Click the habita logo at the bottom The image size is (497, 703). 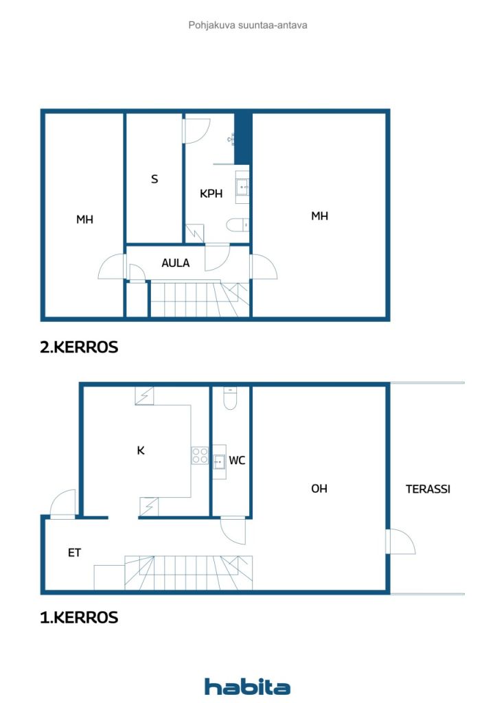(x=247, y=687)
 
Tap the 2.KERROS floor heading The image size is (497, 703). (x=79, y=347)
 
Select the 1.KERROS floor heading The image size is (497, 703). (x=79, y=617)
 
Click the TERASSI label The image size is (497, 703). (x=428, y=489)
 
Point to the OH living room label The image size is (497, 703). (x=319, y=488)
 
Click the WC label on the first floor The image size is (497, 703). (x=237, y=460)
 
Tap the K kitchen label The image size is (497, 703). (x=141, y=450)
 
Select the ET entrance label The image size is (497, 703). (x=74, y=553)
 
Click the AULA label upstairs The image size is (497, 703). (x=175, y=263)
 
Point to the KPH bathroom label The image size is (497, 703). (x=211, y=193)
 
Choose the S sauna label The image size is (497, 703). (x=154, y=179)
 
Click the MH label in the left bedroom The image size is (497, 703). (x=84, y=219)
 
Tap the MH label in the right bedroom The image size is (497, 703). (x=319, y=216)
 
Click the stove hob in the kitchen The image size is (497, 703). (x=200, y=455)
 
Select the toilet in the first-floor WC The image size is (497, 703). (x=230, y=398)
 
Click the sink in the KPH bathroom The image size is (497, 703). (x=242, y=187)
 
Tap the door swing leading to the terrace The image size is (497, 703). (x=401, y=542)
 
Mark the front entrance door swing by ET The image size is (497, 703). (x=62, y=503)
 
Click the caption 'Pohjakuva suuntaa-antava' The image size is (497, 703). (x=248, y=25)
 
